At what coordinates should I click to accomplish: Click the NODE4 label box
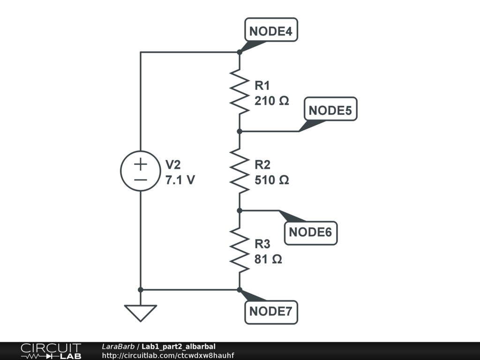pyautogui.click(x=271, y=31)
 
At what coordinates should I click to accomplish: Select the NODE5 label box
pyautogui.click(x=330, y=111)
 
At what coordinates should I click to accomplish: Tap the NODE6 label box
pyautogui.click(x=311, y=232)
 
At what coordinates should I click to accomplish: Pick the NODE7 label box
pyautogui.click(x=271, y=311)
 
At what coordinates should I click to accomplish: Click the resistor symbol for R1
pyautogui.click(x=240, y=91)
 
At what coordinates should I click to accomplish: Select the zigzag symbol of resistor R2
pyautogui.click(x=240, y=171)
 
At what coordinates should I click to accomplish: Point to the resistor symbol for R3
pyautogui.click(x=240, y=250)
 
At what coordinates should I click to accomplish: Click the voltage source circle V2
pyautogui.click(x=141, y=171)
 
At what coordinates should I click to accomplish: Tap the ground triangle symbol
pyautogui.click(x=141, y=313)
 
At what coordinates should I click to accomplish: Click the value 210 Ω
pyautogui.click(x=272, y=101)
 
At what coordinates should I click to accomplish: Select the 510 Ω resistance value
pyautogui.click(x=272, y=180)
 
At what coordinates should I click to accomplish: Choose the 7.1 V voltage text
pyautogui.click(x=180, y=180)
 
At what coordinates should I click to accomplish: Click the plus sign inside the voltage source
pyautogui.click(x=141, y=164)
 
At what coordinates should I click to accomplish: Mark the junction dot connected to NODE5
pyautogui.click(x=240, y=131)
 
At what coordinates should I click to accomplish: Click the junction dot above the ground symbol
pyautogui.click(x=141, y=290)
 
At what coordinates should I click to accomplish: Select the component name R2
pyautogui.click(x=262, y=165)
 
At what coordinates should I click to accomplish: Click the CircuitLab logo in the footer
pyautogui.click(x=50, y=351)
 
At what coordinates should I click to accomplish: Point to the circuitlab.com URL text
pyautogui.click(x=168, y=355)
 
